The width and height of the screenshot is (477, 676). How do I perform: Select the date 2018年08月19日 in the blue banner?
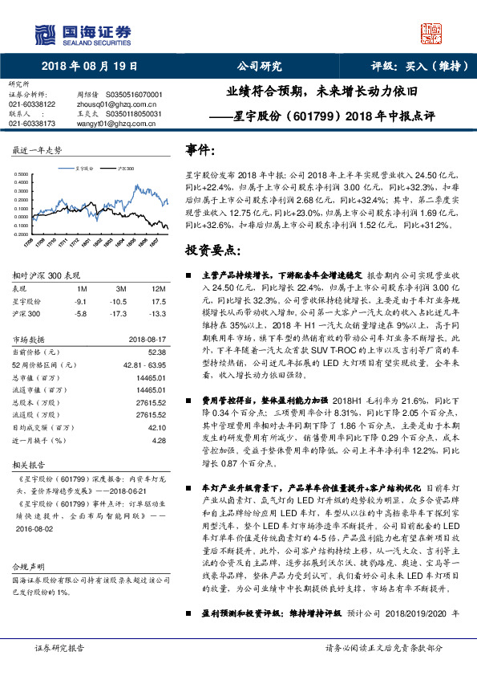[x=89, y=67]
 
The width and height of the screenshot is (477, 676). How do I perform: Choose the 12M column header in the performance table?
[x=158, y=287]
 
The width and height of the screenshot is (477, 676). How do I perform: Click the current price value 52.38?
[x=156, y=352]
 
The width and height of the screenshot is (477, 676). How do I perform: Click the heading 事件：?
[x=200, y=150]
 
